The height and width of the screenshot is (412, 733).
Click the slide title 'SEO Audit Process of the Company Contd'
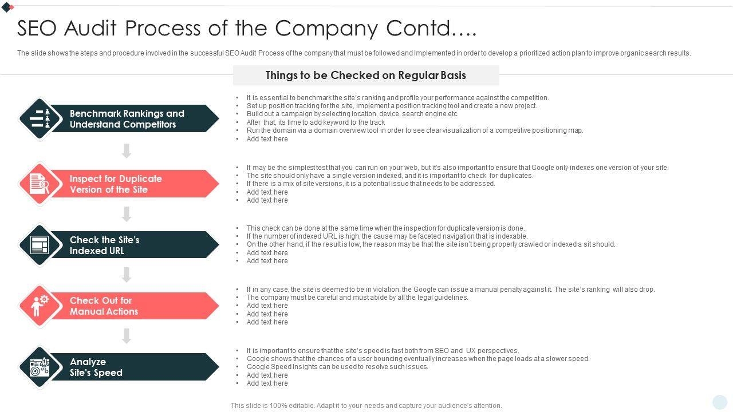pos(247,28)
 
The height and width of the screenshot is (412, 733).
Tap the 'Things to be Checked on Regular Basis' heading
pos(365,75)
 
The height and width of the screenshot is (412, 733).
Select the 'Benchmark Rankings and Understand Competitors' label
pos(127,119)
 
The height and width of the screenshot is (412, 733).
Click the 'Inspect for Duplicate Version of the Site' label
pos(116,184)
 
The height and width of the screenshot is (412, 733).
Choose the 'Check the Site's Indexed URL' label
pos(104,245)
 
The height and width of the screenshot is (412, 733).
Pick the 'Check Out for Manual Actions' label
pos(104,306)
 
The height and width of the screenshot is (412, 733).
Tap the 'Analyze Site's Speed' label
pos(96,367)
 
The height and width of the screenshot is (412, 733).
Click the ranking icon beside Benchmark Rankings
pos(40,119)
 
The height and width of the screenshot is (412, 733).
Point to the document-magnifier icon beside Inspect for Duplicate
pos(40,184)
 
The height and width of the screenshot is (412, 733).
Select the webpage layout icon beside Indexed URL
pos(40,245)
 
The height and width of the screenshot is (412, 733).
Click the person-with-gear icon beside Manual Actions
pos(40,306)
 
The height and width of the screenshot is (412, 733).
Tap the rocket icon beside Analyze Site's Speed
pos(40,367)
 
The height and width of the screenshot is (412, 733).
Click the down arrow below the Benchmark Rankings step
pos(127,151)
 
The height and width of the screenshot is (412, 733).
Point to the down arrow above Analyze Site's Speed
pos(127,336)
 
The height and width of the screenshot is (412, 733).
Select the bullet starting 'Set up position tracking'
pos(392,106)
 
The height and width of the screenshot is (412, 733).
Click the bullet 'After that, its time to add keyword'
pos(316,122)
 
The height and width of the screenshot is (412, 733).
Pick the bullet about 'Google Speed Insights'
pos(337,367)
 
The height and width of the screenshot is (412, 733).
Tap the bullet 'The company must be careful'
pos(357,298)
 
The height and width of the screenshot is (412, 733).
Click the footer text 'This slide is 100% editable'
pos(366,406)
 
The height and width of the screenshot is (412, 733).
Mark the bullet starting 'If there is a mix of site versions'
pos(371,184)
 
